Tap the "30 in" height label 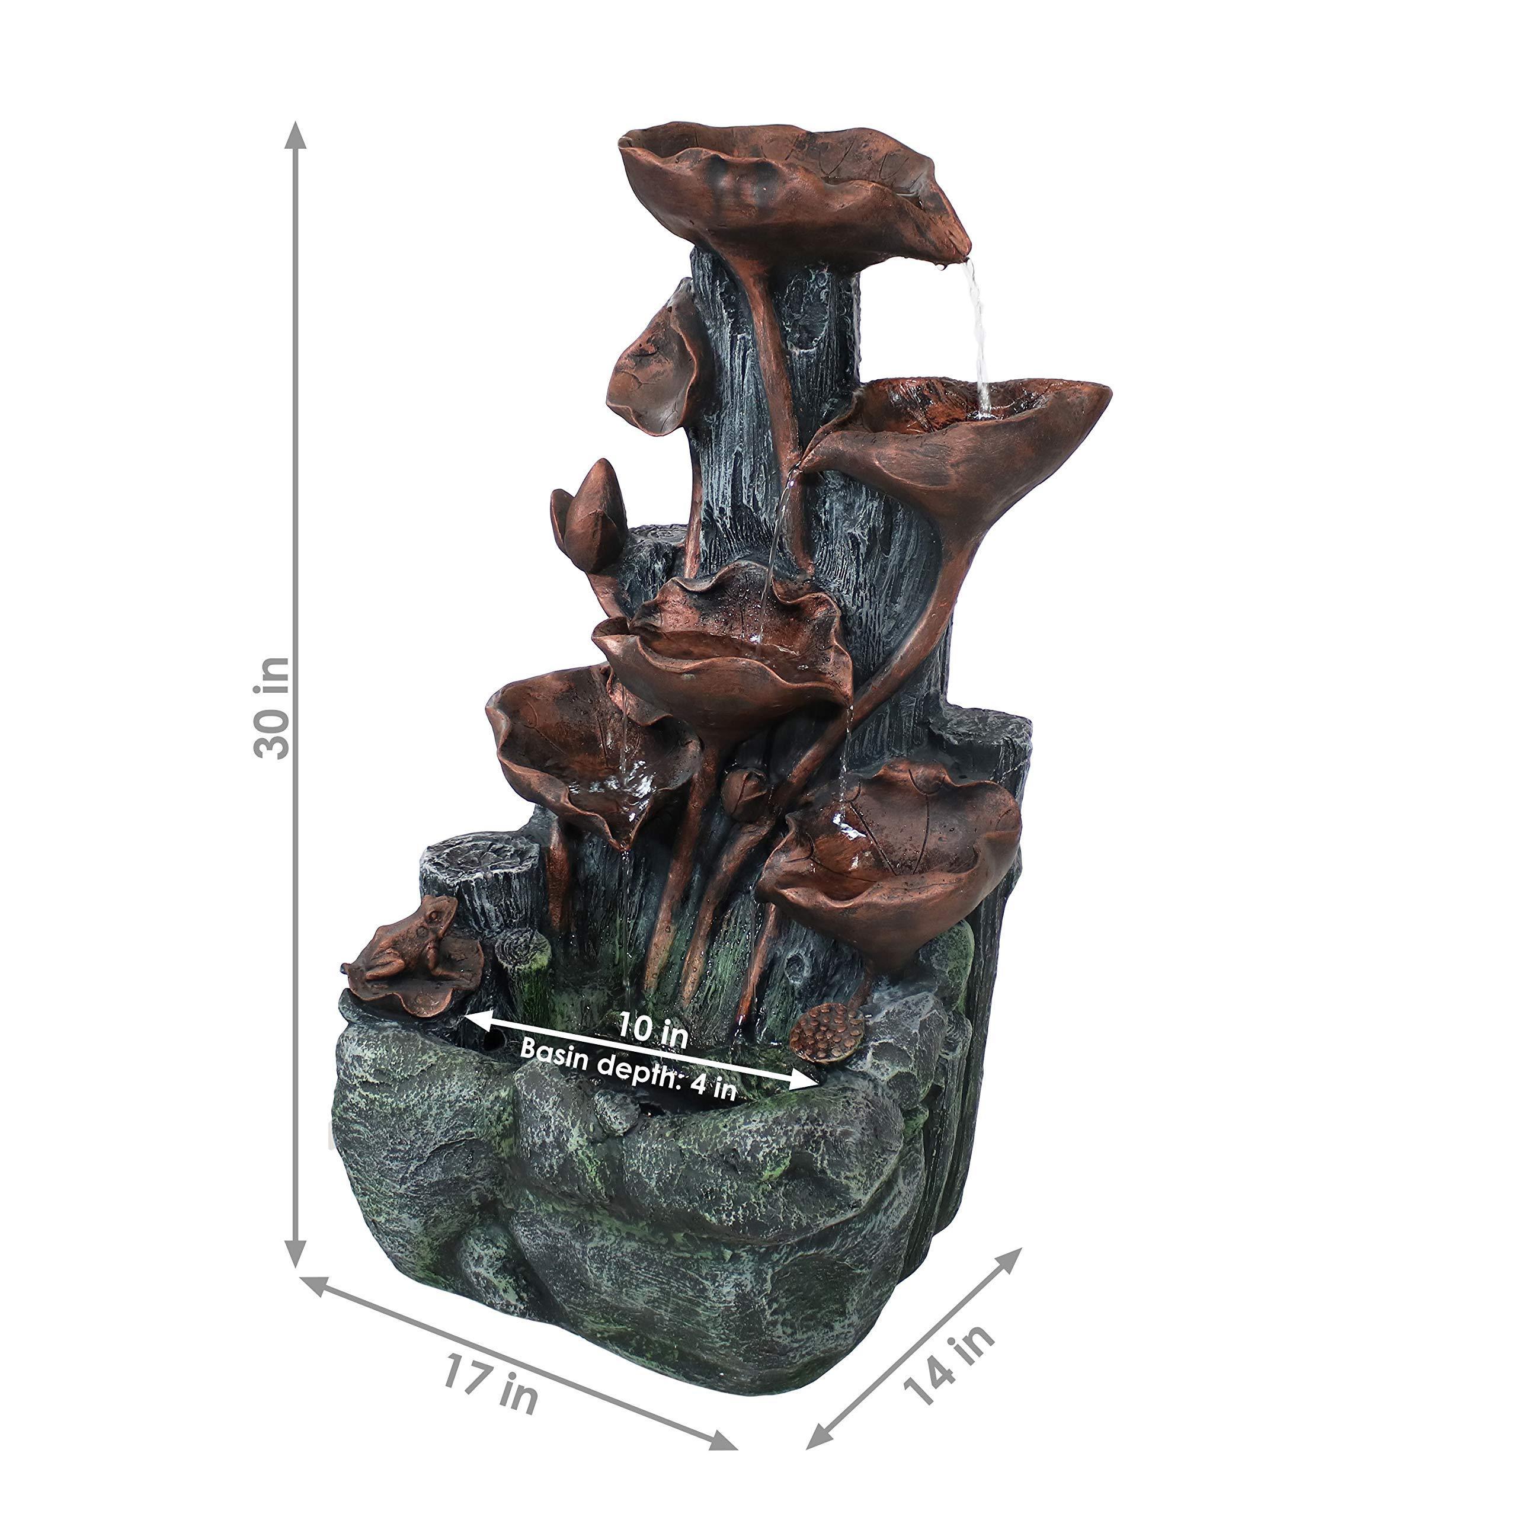271,708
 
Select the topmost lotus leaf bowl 793,193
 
